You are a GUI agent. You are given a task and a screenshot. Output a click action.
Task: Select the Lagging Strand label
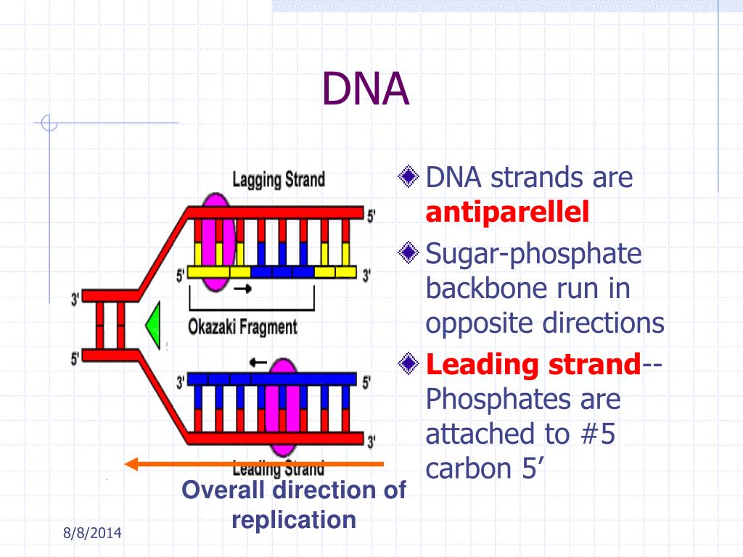pos(278,180)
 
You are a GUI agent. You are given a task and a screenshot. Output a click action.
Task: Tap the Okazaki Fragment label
pos(243,326)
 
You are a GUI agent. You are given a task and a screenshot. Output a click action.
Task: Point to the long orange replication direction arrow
pos(253,463)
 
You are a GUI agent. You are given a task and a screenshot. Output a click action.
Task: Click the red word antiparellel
pos(507,213)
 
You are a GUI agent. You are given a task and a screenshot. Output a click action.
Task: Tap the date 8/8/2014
pos(91,534)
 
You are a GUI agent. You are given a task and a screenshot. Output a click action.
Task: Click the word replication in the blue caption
pos(294,519)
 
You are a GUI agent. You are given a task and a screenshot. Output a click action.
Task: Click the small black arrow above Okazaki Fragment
pos(244,289)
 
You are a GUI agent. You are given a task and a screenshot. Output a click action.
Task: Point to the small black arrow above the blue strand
pos(257,360)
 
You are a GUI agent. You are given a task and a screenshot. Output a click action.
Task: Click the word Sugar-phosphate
pos(533,254)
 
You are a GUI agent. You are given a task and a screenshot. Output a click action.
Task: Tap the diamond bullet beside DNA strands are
pos(410,176)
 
